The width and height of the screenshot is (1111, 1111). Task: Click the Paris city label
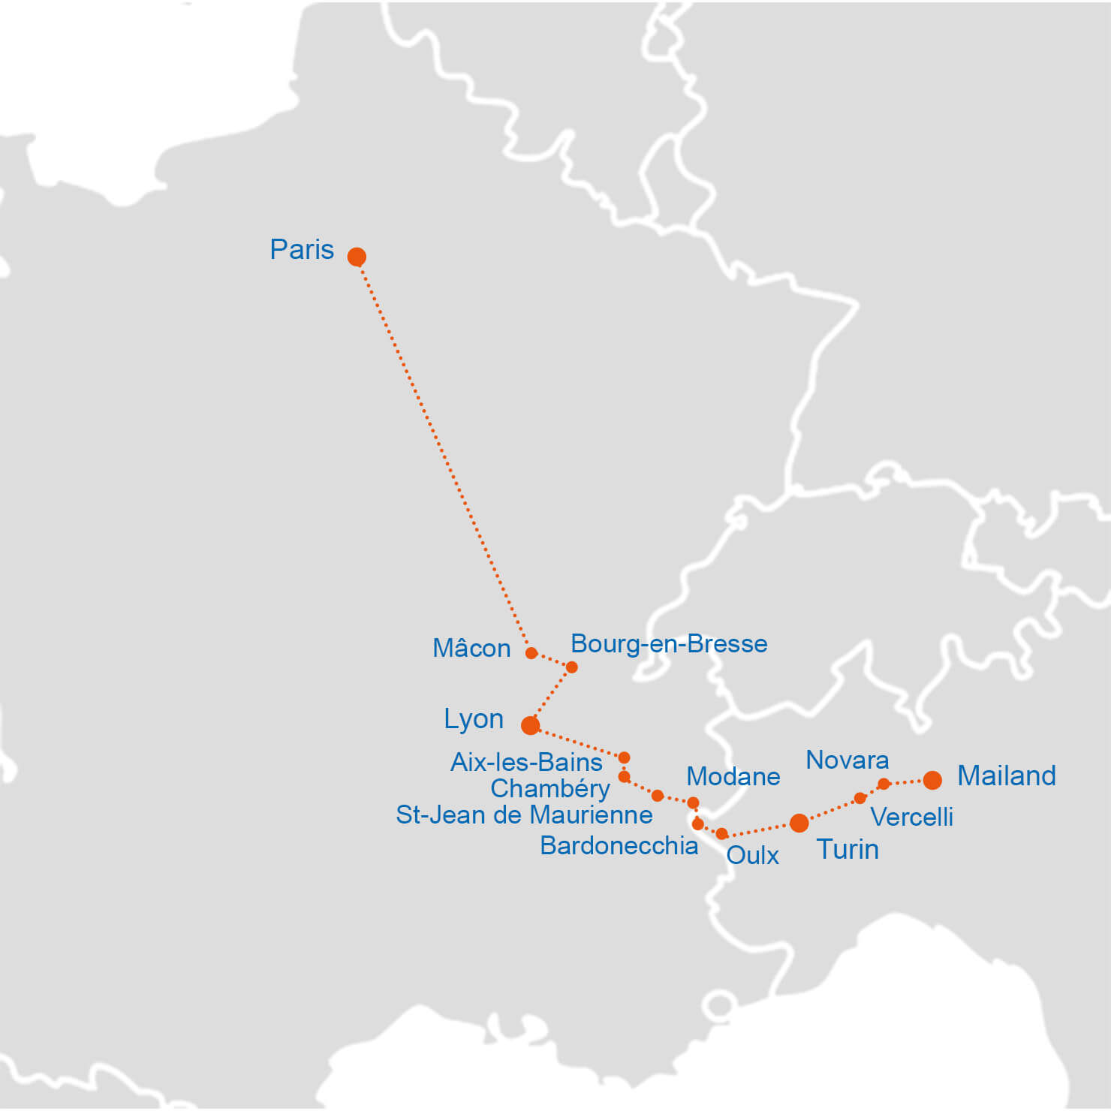pyautogui.click(x=302, y=249)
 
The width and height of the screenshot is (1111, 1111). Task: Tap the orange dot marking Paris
pyautogui.click(x=357, y=257)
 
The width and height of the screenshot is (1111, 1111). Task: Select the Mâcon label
pyautogui.click(x=471, y=648)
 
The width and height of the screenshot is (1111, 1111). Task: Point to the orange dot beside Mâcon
pyautogui.click(x=531, y=653)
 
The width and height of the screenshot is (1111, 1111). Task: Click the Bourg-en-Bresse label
pyautogui.click(x=669, y=643)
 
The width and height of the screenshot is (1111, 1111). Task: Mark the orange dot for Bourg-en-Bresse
pyautogui.click(x=571, y=667)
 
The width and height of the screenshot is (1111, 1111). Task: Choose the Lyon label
pyautogui.click(x=474, y=718)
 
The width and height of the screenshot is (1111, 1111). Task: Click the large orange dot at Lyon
pyautogui.click(x=531, y=725)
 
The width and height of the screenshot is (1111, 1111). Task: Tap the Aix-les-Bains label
pyautogui.click(x=526, y=762)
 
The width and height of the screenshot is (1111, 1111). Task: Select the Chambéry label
pyautogui.click(x=550, y=788)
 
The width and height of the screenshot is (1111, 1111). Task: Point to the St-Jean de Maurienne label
pyautogui.click(x=524, y=814)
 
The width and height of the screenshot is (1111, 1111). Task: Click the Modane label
pyautogui.click(x=733, y=776)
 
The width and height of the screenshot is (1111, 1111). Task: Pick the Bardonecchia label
pyautogui.click(x=619, y=845)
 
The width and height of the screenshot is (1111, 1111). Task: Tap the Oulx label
pyautogui.click(x=753, y=855)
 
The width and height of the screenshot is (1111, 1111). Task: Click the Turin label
pyautogui.click(x=848, y=849)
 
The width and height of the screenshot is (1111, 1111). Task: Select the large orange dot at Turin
pyautogui.click(x=799, y=823)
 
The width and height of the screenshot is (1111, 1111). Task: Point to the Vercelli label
pyautogui.click(x=911, y=817)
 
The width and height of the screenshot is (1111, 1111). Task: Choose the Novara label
pyautogui.click(x=848, y=760)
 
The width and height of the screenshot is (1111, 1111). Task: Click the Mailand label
pyautogui.click(x=1007, y=775)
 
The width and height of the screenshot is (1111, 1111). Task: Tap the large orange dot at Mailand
pyautogui.click(x=932, y=780)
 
